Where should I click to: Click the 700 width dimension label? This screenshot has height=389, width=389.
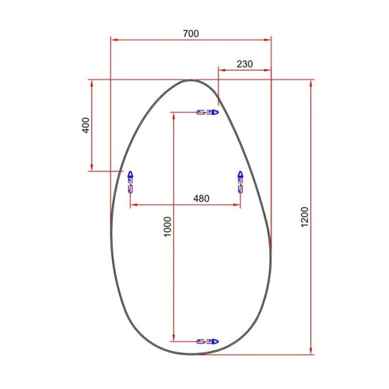pyautogui.click(x=191, y=33)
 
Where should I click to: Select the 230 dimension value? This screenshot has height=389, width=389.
pyautogui.click(x=245, y=64)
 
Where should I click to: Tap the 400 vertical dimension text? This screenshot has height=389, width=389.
pyautogui.click(x=86, y=125)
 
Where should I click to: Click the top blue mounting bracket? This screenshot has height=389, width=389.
pyautogui.click(x=206, y=113)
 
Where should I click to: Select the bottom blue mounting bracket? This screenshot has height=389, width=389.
pyautogui.click(x=206, y=341)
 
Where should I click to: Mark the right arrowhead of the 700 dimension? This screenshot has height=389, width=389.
pyautogui.click(x=268, y=38)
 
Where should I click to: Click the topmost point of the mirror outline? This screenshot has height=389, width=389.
pyautogui.click(x=192, y=79)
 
